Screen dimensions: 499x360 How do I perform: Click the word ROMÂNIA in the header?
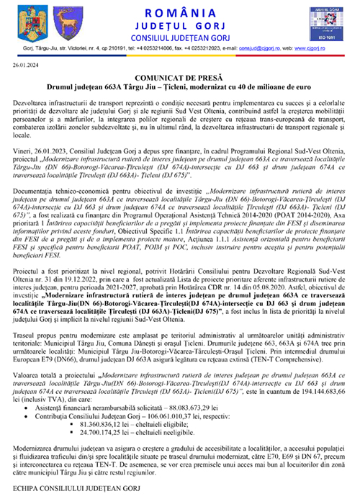[x=181, y=13]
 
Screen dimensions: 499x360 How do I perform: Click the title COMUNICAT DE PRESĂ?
[x=180, y=77]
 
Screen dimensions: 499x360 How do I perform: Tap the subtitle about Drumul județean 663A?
[x=180, y=86]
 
